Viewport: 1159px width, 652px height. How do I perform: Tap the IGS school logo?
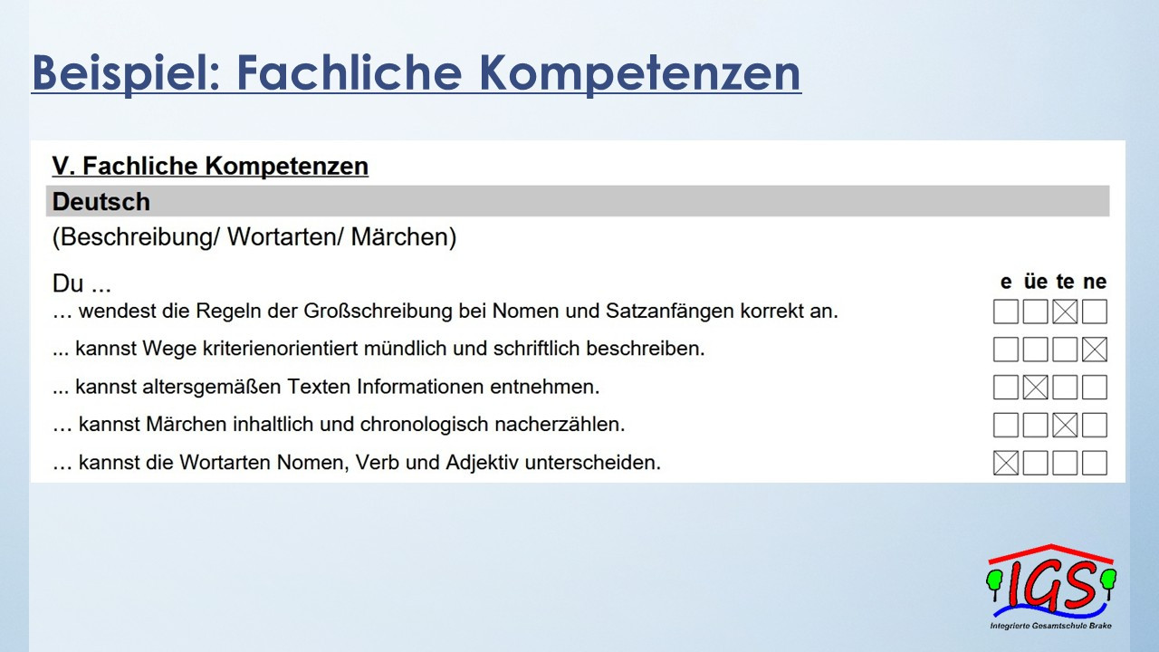click(x=1051, y=587)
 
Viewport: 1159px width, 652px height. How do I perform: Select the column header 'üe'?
click(x=1035, y=282)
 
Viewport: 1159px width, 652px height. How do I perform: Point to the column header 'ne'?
click(x=1095, y=282)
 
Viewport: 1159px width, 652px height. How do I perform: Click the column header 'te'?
click(x=1066, y=282)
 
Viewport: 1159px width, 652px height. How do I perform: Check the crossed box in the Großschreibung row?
click(x=1066, y=312)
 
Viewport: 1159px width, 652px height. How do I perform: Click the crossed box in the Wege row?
click(x=1095, y=350)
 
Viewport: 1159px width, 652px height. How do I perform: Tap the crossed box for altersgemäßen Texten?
click(x=1036, y=387)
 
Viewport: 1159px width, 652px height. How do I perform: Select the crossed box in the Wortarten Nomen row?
click(x=1006, y=463)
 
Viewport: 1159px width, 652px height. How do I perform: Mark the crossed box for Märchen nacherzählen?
click(x=1066, y=425)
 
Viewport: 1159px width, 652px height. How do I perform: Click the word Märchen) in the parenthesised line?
click(x=404, y=237)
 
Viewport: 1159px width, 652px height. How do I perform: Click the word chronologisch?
click(x=425, y=425)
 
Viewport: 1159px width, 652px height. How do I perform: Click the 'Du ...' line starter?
click(x=81, y=283)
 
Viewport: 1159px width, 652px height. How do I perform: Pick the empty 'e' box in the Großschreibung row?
click(x=1006, y=312)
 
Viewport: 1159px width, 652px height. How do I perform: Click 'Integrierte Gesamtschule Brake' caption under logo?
click(x=1051, y=626)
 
